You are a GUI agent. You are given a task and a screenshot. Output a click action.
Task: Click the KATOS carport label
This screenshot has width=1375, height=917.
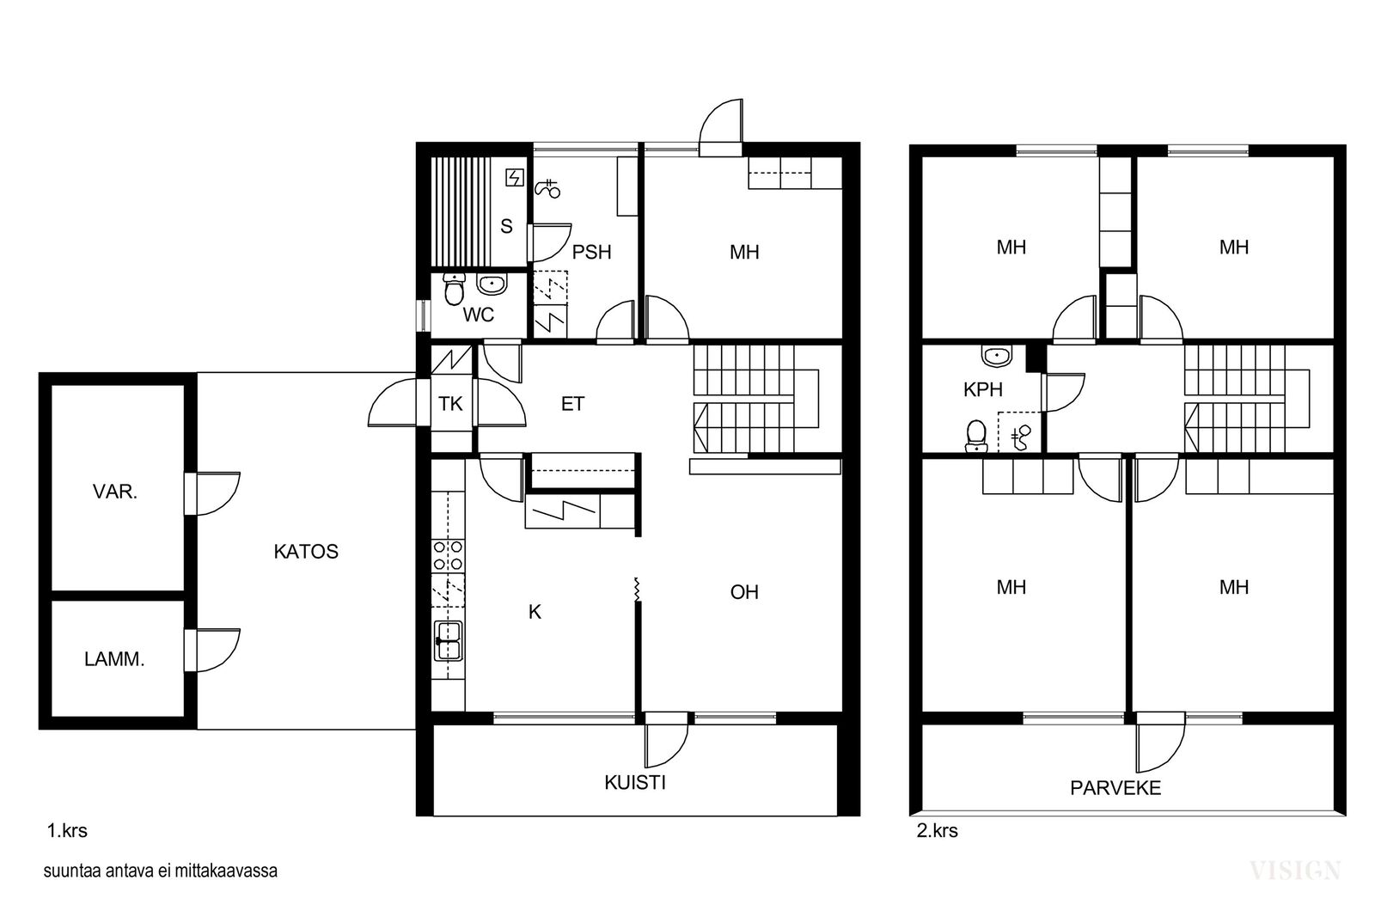(x=306, y=551)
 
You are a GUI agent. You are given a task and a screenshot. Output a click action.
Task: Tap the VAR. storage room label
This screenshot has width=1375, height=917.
(x=115, y=492)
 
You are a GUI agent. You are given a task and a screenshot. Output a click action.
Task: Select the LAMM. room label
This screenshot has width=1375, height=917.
(x=114, y=659)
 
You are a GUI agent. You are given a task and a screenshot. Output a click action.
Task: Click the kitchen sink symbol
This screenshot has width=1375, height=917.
(x=448, y=641)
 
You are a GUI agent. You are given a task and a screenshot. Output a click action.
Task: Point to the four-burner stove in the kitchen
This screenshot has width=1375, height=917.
(x=448, y=555)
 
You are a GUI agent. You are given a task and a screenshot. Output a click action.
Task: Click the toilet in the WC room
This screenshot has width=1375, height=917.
(x=454, y=290)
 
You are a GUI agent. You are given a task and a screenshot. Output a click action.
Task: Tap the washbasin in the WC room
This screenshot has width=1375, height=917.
(x=492, y=284)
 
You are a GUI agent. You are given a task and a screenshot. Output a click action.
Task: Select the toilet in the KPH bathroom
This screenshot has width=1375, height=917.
(x=976, y=437)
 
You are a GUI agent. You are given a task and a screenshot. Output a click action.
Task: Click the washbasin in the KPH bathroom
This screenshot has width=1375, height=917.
(x=997, y=356)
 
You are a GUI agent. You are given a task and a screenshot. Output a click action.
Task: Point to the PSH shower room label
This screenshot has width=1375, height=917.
(x=592, y=253)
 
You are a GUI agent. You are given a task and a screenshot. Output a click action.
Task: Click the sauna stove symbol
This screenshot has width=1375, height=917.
(x=515, y=178)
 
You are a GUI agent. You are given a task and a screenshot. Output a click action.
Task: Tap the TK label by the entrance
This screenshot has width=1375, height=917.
(x=450, y=404)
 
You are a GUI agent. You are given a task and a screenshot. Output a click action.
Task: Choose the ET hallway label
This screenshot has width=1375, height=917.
(x=572, y=404)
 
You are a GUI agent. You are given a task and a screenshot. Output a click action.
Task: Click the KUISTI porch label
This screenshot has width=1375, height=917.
(x=635, y=783)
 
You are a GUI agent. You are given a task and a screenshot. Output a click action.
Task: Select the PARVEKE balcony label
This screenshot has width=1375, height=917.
(x=1115, y=788)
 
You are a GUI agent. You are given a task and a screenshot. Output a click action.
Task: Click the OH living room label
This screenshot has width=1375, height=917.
(x=744, y=591)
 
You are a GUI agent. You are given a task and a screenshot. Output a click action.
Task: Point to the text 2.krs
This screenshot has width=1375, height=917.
(x=938, y=831)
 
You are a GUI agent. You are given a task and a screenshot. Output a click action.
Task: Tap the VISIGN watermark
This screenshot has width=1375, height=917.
(x=1295, y=871)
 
